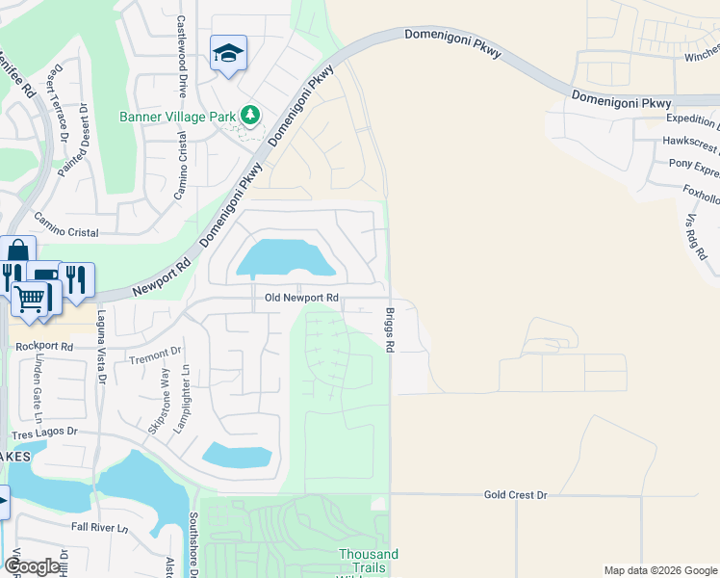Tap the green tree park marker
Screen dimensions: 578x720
click(250, 116)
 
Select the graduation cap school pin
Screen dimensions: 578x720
click(228, 53)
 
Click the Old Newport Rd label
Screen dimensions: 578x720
click(302, 298)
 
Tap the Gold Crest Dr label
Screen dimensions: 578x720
click(515, 494)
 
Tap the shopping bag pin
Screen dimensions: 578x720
click(17, 252)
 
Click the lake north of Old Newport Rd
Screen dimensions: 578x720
click(284, 257)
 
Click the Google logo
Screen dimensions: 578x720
click(32, 566)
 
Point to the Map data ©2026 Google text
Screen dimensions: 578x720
click(659, 570)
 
